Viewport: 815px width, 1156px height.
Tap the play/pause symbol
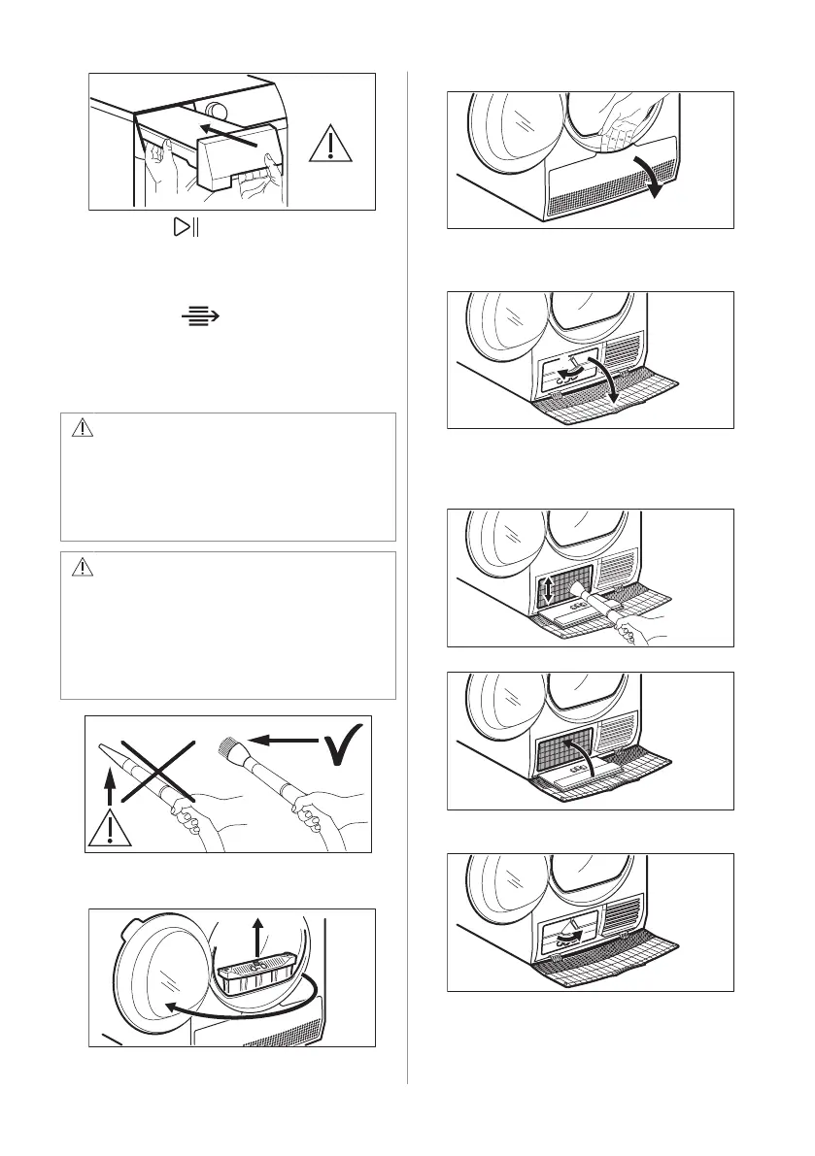(x=184, y=229)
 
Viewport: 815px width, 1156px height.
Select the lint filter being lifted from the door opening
(x=255, y=978)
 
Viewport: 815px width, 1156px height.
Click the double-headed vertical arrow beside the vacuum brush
(x=549, y=592)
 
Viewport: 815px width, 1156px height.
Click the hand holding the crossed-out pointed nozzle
(x=193, y=824)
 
